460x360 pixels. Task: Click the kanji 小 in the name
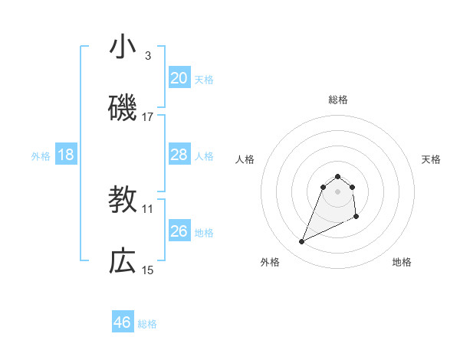click(123, 47)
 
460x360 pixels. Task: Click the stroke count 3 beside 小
click(147, 55)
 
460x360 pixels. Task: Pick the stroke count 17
click(148, 117)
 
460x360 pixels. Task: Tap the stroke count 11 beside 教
click(148, 208)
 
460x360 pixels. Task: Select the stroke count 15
click(148, 270)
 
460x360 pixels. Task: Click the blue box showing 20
click(179, 78)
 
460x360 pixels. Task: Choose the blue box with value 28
click(179, 155)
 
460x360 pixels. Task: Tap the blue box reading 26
click(179, 231)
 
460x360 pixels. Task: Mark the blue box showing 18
click(66, 155)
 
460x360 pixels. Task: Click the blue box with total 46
click(123, 322)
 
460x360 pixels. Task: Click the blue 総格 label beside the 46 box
click(147, 324)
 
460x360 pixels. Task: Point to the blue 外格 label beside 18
click(41, 156)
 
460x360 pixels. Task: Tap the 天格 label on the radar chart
click(431, 159)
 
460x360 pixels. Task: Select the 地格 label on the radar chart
click(402, 262)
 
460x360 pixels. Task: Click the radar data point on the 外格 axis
click(301, 242)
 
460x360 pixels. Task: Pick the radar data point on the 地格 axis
click(357, 218)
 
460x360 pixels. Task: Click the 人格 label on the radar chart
click(245, 159)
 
